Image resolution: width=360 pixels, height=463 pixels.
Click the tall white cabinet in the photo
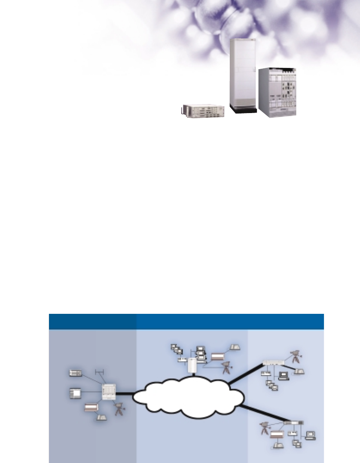click(243, 73)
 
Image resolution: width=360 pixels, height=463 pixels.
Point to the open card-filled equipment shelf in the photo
click(277, 93)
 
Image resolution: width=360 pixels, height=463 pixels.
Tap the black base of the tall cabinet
click(244, 110)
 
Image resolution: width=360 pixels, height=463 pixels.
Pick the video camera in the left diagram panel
click(119, 408)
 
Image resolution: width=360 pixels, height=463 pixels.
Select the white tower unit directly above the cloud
click(192, 366)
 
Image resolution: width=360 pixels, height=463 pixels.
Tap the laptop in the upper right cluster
click(284, 376)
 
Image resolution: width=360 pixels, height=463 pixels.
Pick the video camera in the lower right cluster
click(265, 429)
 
